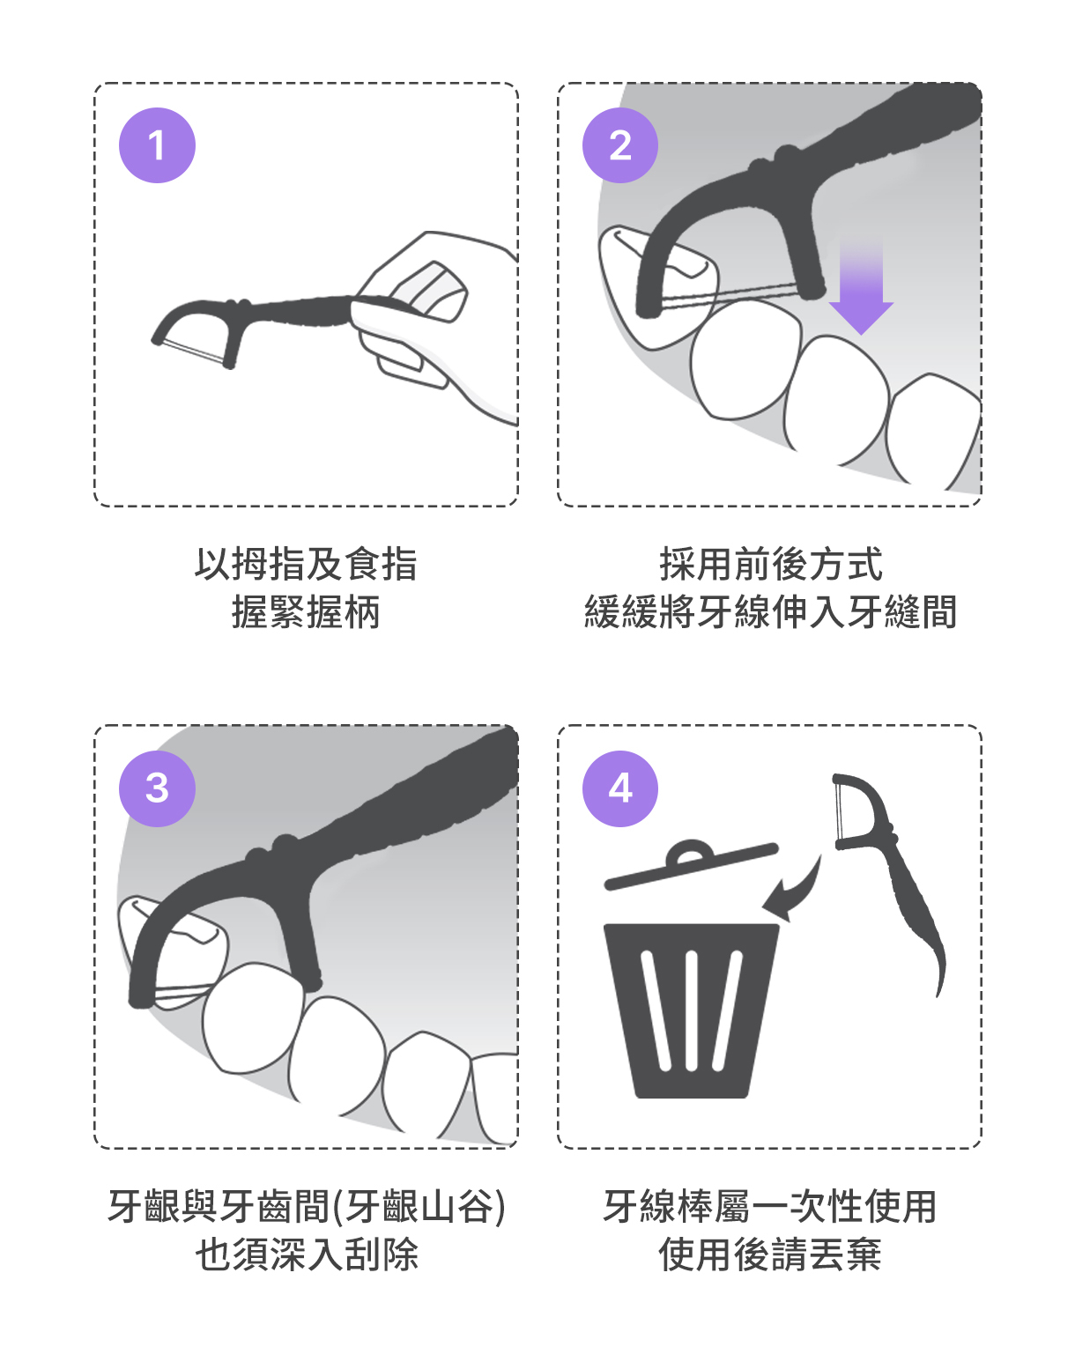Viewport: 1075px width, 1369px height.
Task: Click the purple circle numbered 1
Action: tap(157, 145)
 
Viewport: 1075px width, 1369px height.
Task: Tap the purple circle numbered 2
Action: tap(620, 145)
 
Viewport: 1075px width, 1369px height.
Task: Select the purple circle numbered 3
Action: tap(157, 788)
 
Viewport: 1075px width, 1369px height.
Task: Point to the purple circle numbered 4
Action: tap(620, 788)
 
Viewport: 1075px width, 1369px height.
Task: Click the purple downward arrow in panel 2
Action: tap(861, 286)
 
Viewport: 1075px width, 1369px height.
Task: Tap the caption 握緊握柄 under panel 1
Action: tap(306, 611)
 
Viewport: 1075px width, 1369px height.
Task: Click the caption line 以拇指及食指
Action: tap(306, 564)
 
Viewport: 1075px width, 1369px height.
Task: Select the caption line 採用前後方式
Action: tap(770, 564)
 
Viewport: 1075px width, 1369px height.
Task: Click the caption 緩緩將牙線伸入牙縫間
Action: tap(770, 611)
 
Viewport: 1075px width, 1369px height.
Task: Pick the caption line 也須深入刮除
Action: tap(307, 1254)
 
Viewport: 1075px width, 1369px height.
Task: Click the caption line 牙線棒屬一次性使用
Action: tap(770, 1206)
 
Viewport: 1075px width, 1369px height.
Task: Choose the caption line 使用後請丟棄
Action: tap(770, 1254)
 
